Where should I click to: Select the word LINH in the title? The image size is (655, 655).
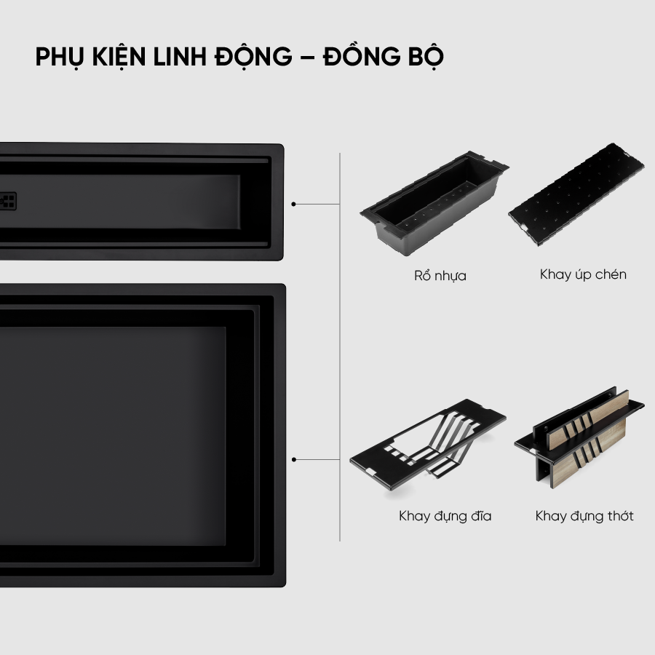[180, 56]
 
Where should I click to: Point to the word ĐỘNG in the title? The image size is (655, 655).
[253, 57]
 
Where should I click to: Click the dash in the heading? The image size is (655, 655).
[307, 57]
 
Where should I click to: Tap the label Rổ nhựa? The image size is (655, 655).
[440, 275]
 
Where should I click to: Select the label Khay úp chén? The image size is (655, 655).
[583, 274]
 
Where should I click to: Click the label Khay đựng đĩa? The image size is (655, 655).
[445, 516]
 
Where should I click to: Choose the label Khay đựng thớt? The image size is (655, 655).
[584, 516]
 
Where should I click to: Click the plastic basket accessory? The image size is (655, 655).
[434, 204]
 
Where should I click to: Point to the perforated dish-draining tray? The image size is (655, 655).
[576, 194]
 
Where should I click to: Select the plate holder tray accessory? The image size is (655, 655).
[428, 445]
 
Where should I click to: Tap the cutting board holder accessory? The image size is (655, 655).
[579, 437]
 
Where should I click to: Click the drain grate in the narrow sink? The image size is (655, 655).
[8, 201]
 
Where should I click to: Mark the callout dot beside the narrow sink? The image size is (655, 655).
[294, 205]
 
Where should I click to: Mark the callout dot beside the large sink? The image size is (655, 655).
[294, 459]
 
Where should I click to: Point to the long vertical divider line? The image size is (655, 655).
[340, 347]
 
